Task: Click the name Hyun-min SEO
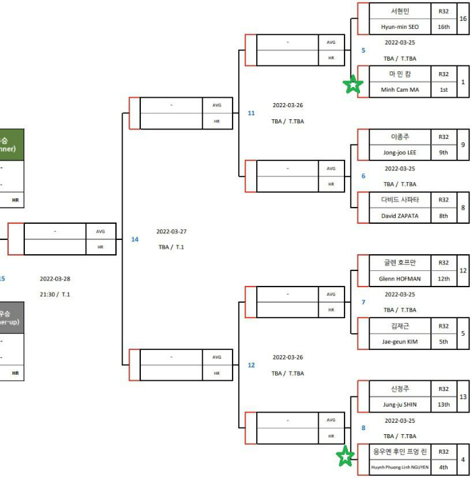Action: point(400,26)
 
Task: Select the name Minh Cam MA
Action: point(400,90)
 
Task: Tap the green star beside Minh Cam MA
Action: point(353,84)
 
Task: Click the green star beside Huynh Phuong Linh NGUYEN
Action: point(345,456)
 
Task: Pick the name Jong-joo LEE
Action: point(400,152)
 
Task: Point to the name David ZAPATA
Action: point(400,216)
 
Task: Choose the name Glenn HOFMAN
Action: point(400,278)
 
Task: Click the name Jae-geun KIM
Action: point(400,342)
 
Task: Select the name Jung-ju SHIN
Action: point(400,405)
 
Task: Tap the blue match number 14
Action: point(135,239)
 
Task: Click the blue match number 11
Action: point(251,113)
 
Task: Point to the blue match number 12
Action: point(251,365)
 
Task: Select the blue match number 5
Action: point(363,50)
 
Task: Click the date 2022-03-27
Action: point(171,231)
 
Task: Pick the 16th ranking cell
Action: point(443,26)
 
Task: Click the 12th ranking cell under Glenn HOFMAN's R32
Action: point(443,278)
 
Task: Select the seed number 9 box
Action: point(463,144)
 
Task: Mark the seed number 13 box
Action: point(463,397)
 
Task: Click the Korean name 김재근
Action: point(400,326)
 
